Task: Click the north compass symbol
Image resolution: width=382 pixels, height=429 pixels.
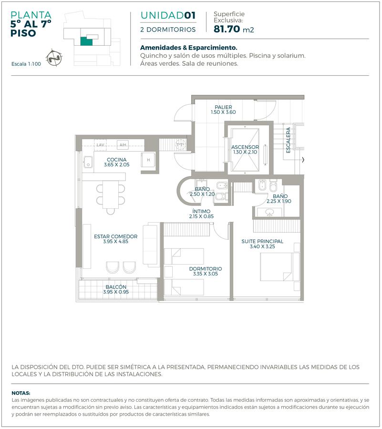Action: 54,58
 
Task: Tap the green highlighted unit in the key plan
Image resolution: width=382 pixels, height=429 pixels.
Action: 86,41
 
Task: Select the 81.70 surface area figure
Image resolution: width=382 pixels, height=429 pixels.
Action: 227,29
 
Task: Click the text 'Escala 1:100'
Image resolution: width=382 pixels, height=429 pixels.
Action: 26,64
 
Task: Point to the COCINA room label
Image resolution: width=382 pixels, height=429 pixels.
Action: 116,160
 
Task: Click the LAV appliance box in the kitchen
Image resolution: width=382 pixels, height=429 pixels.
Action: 101,145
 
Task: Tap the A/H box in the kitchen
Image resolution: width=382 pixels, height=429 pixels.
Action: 123,145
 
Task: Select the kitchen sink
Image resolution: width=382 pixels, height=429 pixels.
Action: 88,162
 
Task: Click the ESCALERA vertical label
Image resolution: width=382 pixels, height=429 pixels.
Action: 288,140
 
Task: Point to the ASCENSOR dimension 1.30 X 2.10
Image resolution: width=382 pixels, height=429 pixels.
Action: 245,152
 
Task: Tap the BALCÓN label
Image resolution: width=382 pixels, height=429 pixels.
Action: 116,287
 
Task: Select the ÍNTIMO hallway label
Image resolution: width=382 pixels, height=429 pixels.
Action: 201,212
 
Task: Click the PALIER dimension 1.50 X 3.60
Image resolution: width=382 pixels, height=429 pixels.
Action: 223,112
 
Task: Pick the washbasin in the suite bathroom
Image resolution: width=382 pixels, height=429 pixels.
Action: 270,212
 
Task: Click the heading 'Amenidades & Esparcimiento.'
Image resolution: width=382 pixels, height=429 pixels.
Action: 188,48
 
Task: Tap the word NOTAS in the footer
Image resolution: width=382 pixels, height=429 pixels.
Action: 21,393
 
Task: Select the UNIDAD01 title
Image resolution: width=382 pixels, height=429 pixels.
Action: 168,15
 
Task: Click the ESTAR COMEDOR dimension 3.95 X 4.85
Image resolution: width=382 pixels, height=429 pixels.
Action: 115,242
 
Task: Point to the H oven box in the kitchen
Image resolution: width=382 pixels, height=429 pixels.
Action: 148,160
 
